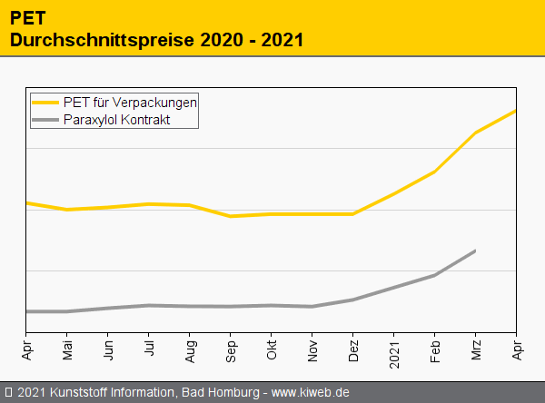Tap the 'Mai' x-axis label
(67, 348)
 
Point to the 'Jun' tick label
(108, 348)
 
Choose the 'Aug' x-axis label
(190, 348)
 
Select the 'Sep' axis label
(231, 348)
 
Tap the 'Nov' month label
(312, 348)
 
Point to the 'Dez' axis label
(353, 348)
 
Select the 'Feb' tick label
(435, 348)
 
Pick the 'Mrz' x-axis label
(476, 348)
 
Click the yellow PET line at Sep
(231, 216)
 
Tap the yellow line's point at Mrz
(476, 133)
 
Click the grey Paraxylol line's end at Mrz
(475, 251)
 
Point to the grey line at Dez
(353, 300)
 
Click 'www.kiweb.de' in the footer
(311, 392)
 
